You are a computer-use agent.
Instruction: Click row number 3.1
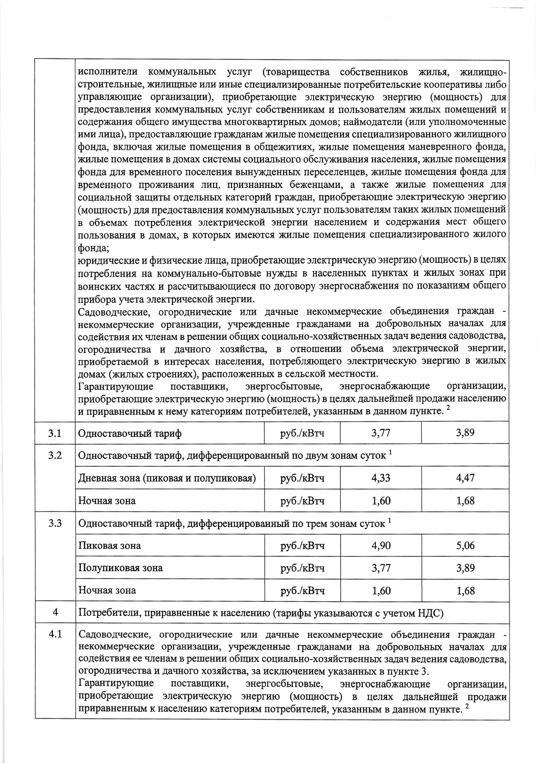coord(55,433)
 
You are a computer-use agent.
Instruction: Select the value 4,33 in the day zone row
coord(381,478)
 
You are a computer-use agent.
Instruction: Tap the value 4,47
coord(465,478)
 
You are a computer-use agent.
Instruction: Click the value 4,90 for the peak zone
coord(381,545)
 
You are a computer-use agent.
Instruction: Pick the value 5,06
coord(465,545)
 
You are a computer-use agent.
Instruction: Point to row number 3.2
coord(55,455)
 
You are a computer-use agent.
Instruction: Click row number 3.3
coord(55,523)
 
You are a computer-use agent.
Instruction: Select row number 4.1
coord(55,634)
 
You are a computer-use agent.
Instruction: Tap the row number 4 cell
coord(55,612)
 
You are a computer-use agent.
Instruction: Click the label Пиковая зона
coord(109,546)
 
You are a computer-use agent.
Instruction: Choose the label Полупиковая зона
coord(120,568)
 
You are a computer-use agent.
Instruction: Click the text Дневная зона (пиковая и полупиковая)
coord(167,478)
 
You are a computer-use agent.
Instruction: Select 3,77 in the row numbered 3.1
coord(381,433)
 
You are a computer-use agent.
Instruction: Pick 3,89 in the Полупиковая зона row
coord(465,568)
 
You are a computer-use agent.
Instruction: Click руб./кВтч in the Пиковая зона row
coord(302,546)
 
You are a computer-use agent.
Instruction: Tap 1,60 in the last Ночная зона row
coord(381,590)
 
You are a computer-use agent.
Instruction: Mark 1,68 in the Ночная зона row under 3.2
coord(465,501)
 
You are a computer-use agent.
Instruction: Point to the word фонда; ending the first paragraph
coord(93,249)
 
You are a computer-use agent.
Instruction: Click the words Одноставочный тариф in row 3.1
coord(130,433)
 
